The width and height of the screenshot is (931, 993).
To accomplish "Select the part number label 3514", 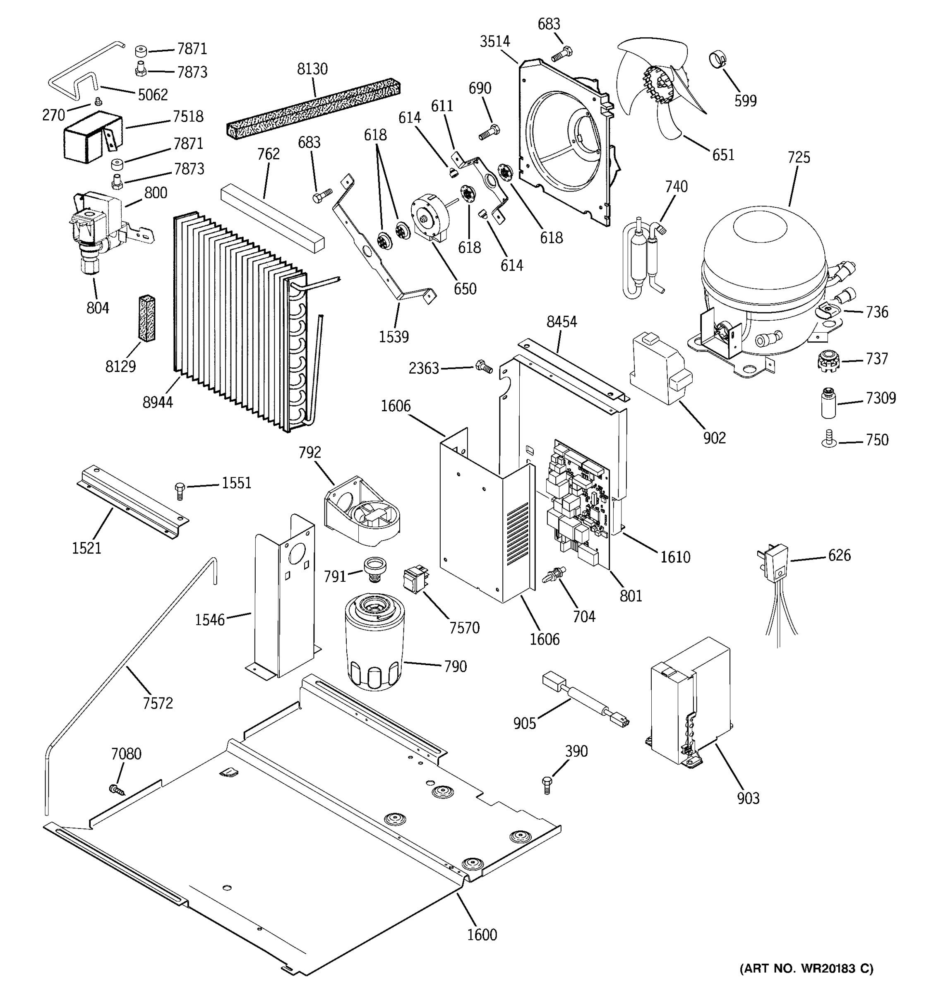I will pos(494,42).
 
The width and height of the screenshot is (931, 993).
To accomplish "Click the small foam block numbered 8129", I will pos(146,318).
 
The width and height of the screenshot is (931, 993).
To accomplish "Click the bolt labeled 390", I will pos(547,785).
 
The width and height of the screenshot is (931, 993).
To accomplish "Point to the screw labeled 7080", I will pos(116,789).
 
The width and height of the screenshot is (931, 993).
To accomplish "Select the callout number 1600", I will pos(482,934).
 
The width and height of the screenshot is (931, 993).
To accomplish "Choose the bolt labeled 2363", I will pos(483,367).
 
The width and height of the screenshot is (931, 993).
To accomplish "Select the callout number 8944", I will pos(157,402).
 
